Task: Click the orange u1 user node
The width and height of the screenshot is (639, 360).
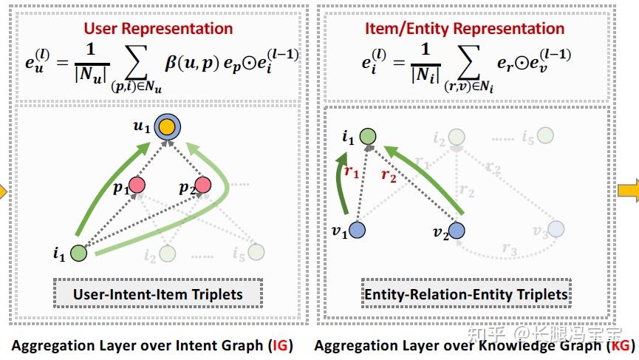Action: (x=169, y=126)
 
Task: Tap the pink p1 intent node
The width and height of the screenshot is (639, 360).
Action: (x=136, y=185)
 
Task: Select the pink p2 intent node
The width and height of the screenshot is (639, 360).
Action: (x=203, y=185)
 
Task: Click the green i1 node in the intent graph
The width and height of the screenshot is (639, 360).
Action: (x=79, y=253)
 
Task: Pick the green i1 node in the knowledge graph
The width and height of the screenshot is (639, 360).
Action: (x=368, y=137)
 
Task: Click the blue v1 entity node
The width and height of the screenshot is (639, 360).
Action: (x=357, y=231)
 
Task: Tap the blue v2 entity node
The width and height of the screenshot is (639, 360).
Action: (x=457, y=231)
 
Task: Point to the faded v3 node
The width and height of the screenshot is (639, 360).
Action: (x=556, y=231)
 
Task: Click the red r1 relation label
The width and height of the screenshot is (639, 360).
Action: (x=352, y=172)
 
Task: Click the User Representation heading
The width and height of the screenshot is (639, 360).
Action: (x=158, y=29)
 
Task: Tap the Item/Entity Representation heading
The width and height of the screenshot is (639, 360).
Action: (x=465, y=29)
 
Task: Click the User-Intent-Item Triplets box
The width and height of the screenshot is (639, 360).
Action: (x=158, y=294)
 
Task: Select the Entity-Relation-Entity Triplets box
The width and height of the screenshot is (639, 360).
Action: (x=466, y=294)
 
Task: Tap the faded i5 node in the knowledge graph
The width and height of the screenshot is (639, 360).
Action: (x=545, y=135)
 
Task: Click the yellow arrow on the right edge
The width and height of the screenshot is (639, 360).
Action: (x=629, y=192)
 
